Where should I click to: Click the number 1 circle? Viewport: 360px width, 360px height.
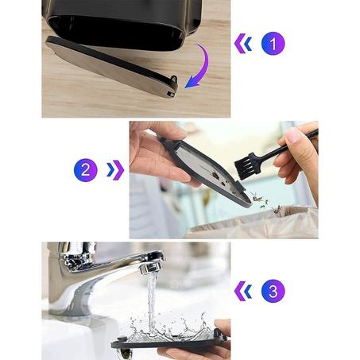pyautogui.click(x=273, y=44)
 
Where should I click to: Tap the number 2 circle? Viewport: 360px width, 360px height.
pyautogui.click(x=86, y=170)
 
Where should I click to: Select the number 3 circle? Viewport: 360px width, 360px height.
pyautogui.click(x=273, y=291)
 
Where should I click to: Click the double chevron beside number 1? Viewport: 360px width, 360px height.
pyautogui.click(x=243, y=44)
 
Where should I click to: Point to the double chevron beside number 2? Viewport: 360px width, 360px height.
pyautogui.click(x=115, y=170)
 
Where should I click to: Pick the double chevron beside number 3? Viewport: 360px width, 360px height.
pyautogui.click(x=243, y=291)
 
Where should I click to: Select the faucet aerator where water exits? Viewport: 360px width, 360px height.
pyautogui.click(x=149, y=268)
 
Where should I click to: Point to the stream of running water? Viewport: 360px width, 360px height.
pyautogui.click(x=151, y=300)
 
